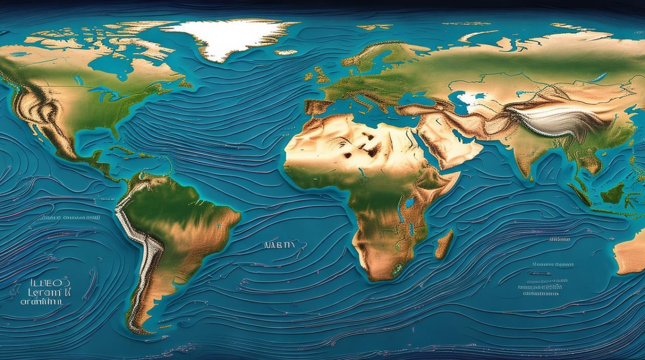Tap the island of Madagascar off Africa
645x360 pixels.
(444, 244)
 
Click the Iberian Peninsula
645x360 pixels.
(317, 107)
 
